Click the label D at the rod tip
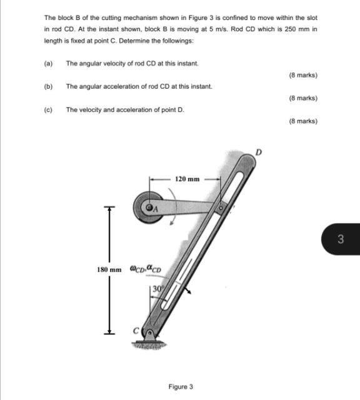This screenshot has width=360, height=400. (257, 151)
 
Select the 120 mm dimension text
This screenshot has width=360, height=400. (187, 179)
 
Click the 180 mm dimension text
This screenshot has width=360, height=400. (109, 269)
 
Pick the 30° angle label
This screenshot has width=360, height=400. (158, 290)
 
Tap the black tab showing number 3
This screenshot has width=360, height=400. (341, 238)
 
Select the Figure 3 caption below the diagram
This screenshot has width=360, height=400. (181, 386)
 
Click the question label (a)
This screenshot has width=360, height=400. (48, 64)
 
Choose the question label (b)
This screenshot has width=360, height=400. (48, 87)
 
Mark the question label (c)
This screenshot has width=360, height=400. (48, 110)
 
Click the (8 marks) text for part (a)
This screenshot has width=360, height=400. (303, 75)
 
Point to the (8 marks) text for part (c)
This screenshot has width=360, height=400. (303, 121)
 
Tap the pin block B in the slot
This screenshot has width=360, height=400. (220, 206)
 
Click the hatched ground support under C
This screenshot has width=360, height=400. (147, 346)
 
